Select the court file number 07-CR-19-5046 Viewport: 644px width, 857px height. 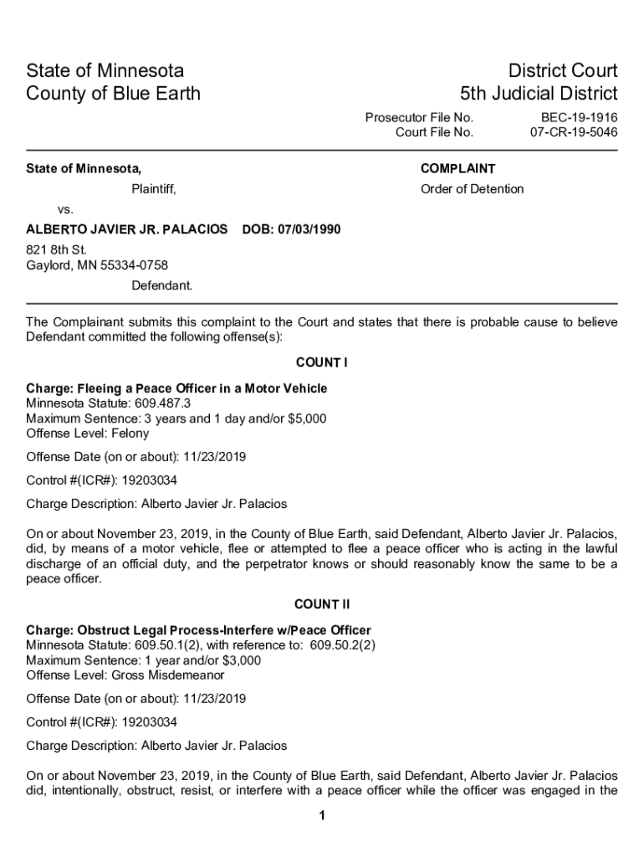point(574,132)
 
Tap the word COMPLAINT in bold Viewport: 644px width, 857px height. point(457,169)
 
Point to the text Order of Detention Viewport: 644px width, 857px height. point(472,189)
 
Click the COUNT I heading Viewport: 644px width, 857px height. point(321,362)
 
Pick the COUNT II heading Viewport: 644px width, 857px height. point(321,604)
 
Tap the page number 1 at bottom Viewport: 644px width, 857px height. point(322,817)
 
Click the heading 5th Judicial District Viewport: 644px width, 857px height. point(539,93)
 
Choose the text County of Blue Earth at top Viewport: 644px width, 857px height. point(114,93)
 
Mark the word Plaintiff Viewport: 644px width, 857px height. point(154,189)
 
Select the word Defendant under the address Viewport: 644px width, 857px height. point(161,285)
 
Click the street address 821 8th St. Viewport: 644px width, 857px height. point(56,249)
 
